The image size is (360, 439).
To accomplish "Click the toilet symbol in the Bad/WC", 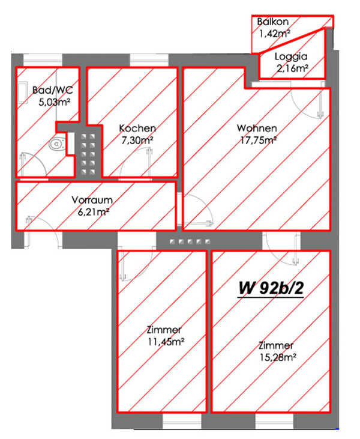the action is (57, 144).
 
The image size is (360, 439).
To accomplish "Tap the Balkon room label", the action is (273, 22).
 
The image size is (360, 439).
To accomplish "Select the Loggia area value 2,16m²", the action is (292, 68).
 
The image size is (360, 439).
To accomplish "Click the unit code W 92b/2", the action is (271, 288).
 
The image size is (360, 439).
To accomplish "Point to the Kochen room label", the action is (137, 129).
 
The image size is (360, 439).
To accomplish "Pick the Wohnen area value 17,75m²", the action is (259, 140).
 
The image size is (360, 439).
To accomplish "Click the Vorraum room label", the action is (92, 200).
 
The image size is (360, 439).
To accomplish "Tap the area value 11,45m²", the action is (166, 342).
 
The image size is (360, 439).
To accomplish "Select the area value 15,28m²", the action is (278, 357).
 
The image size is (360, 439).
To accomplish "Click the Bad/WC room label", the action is (53, 90).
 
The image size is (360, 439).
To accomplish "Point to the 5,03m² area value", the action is (54, 102).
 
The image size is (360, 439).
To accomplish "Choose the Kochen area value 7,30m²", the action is (137, 140).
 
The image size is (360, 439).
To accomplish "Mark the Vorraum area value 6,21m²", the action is (94, 212).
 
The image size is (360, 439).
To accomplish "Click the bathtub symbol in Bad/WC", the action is (23, 92).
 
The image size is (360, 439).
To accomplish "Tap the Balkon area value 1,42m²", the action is (274, 34).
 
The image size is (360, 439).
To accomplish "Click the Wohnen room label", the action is (257, 129).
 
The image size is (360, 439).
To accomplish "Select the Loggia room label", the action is (291, 56).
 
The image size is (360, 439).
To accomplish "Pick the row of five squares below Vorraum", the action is (190, 241).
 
